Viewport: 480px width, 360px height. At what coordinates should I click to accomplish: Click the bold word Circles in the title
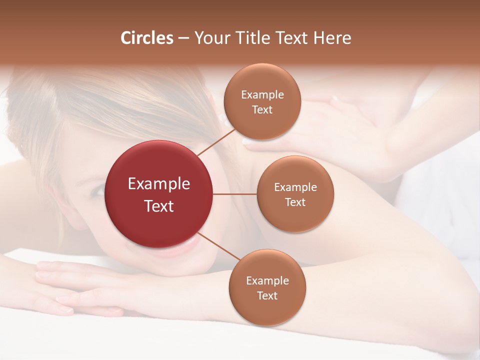pos(147,38)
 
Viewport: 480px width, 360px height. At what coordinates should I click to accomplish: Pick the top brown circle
pos(262,101)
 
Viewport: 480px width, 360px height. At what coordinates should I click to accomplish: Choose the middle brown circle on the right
pos(295,194)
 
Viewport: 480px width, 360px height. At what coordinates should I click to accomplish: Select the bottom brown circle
pos(267,287)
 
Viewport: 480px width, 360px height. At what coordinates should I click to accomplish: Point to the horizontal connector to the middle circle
pos(234,194)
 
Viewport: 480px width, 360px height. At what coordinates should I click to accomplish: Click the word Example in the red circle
pos(159,184)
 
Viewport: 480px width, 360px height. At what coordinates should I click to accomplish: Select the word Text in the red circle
pos(159,206)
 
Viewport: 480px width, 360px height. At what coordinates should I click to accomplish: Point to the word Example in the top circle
pos(262,95)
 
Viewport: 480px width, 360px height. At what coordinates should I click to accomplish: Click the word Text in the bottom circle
pos(267,295)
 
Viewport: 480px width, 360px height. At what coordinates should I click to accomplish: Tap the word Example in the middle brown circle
pos(295,187)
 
